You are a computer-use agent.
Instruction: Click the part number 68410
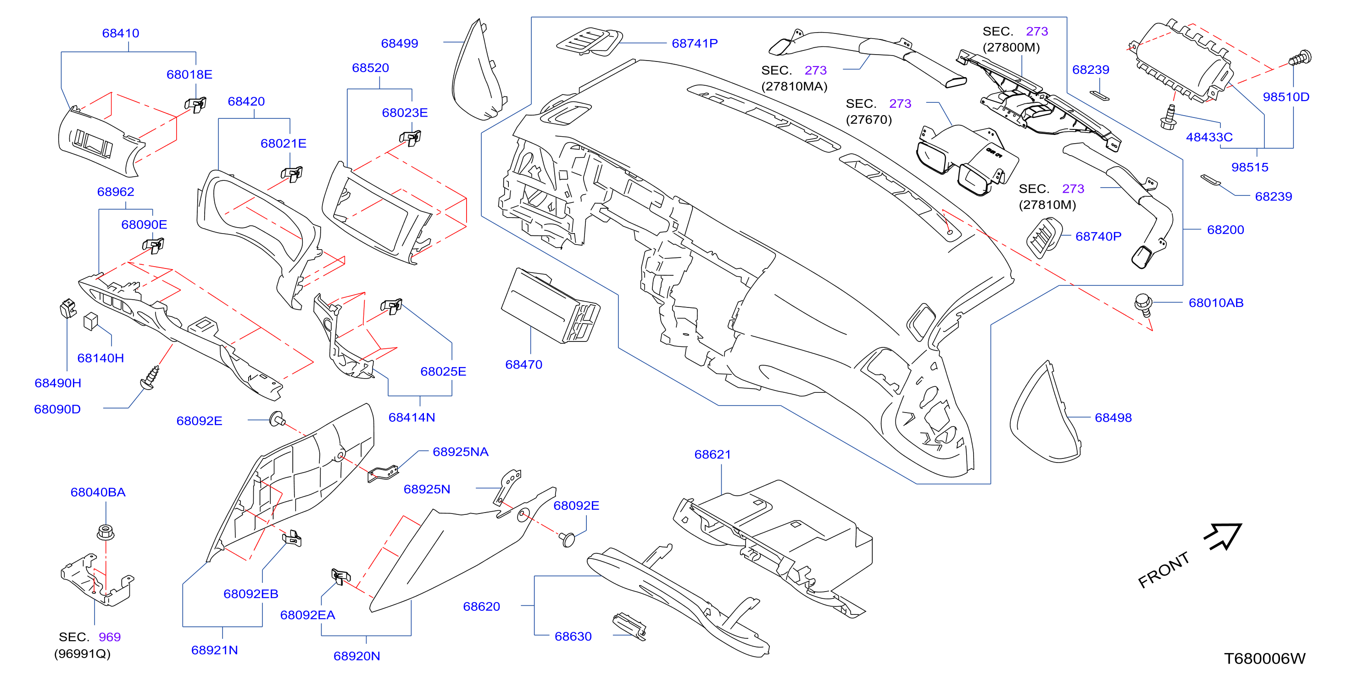click(121, 33)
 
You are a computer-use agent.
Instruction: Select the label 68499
click(400, 44)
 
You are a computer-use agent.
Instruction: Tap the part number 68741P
click(695, 44)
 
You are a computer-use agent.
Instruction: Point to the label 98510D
click(1286, 97)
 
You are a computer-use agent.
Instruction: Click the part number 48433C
click(1209, 137)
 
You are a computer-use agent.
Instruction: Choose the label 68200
click(1226, 230)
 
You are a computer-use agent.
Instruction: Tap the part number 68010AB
click(1216, 303)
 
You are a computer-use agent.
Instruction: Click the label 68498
click(1113, 418)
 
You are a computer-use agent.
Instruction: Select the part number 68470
click(523, 365)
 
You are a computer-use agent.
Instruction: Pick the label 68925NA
click(461, 452)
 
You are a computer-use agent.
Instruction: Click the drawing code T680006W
click(1265, 659)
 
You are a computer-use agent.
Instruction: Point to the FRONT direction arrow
click(1223, 536)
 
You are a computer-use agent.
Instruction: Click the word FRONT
click(1164, 570)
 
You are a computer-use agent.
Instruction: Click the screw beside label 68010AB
click(1143, 305)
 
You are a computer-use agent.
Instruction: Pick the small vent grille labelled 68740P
click(1044, 238)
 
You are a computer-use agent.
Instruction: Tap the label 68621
click(713, 455)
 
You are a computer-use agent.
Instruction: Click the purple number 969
click(110, 637)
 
